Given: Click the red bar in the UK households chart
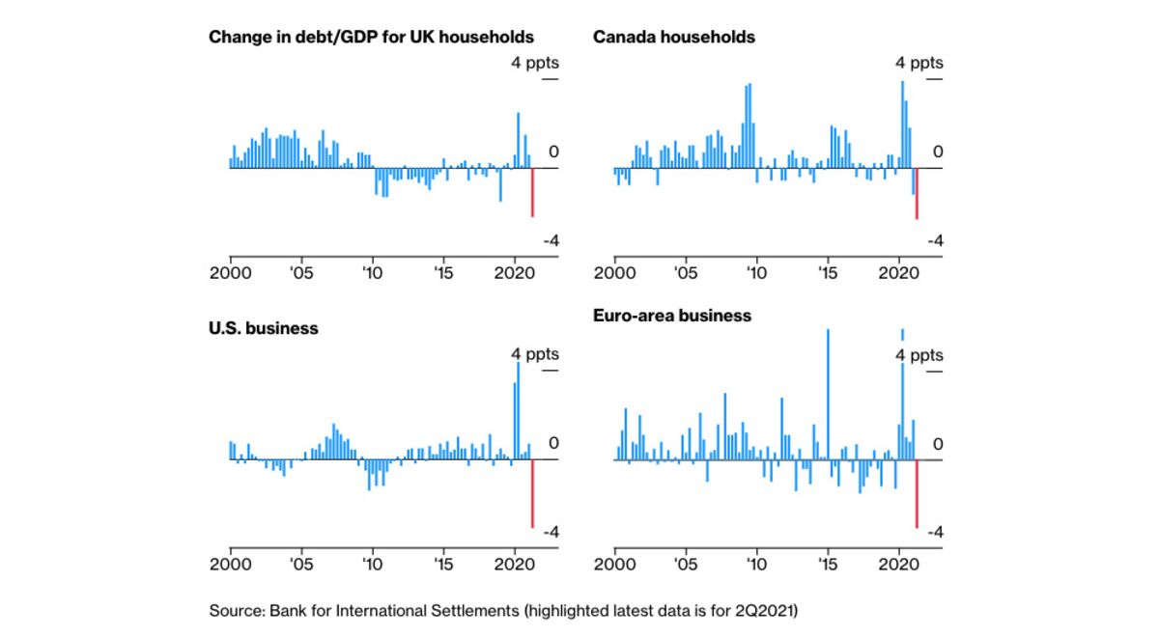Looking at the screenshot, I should pyautogui.click(x=532, y=192).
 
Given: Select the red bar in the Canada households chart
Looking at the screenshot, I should pyautogui.click(x=917, y=193).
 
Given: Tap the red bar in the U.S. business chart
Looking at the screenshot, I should pyautogui.click(x=532, y=493).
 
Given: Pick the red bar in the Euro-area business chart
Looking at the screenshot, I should pyautogui.click(x=917, y=493).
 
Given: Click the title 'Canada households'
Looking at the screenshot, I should pyautogui.click(x=673, y=37).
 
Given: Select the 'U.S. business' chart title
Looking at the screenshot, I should pyautogui.click(x=264, y=328).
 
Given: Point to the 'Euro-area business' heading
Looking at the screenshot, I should pyautogui.click(x=671, y=316).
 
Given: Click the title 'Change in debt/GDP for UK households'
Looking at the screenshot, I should pyautogui.click(x=371, y=37).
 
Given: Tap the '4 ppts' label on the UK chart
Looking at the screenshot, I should pyautogui.click(x=535, y=63).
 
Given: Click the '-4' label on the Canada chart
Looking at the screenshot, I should pyautogui.click(x=934, y=240).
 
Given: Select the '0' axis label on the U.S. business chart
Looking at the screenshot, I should pyautogui.click(x=553, y=443).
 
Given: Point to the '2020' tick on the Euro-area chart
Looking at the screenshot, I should pyautogui.click(x=898, y=563).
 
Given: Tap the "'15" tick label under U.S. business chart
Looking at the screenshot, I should pyautogui.click(x=442, y=563).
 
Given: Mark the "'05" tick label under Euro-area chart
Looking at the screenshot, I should pyautogui.click(x=685, y=563).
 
